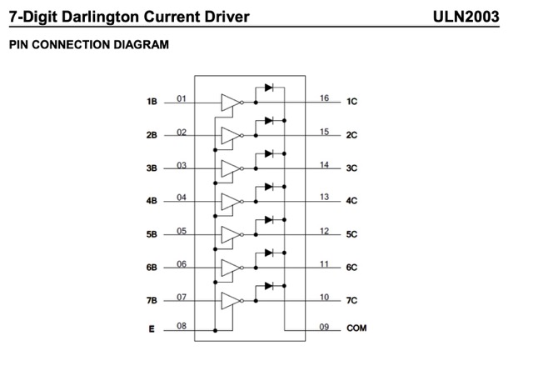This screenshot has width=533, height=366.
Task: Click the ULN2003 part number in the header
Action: click(x=466, y=17)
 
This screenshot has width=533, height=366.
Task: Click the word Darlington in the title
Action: click(x=101, y=17)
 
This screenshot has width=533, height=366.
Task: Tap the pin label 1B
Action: click(x=152, y=102)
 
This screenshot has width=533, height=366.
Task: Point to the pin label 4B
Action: click(x=152, y=201)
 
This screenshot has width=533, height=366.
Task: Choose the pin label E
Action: click(x=152, y=329)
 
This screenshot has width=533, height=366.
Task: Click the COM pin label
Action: click(x=356, y=328)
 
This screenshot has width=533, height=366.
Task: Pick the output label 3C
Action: click(x=351, y=168)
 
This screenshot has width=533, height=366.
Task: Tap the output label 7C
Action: click(x=351, y=300)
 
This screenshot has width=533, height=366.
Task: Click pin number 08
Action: click(x=182, y=326)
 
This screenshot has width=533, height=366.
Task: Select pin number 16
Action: click(x=324, y=98)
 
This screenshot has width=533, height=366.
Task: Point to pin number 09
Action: click(x=324, y=327)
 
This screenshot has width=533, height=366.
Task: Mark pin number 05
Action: click(x=182, y=231)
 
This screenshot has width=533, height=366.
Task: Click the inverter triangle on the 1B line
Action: click(x=231, y=103)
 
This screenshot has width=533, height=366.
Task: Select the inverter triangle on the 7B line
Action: click(x=231, y=301)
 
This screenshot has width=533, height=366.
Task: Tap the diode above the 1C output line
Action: click(x=269, y=88)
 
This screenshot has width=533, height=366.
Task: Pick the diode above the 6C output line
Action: click(x=269, y=253)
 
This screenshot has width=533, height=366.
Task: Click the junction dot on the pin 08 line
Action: click(x=215, y=330)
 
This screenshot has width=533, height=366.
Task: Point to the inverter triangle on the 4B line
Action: click(x=231, y=202)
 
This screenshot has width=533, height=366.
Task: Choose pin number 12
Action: click(x=324, y=231)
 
